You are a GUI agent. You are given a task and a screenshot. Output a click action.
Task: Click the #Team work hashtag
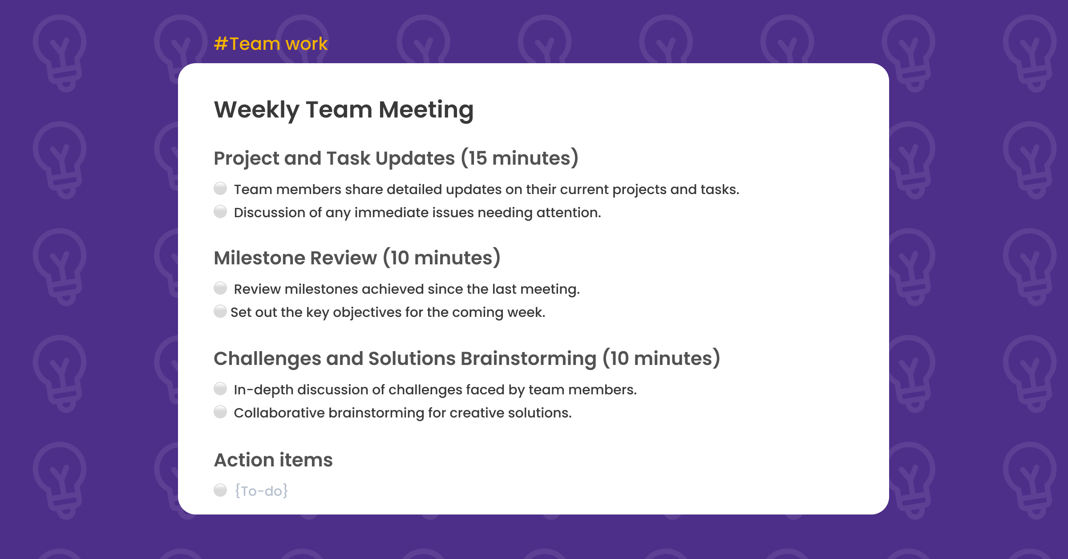[x=271, y=44]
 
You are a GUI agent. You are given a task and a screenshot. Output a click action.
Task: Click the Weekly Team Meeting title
[x=344, y=110]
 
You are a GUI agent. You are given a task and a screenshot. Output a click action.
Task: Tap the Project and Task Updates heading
[x=396, y=158]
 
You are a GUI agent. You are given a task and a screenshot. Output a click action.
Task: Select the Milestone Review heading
[x=357, y=258]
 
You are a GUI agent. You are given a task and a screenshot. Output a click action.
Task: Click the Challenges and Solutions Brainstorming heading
[x=466, y=359]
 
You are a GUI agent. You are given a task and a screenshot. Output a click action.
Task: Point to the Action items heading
[x=273, y=460]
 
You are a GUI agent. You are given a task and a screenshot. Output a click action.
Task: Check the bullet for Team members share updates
[x=220, y=189]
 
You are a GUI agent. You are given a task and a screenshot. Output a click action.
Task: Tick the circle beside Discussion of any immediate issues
[x=220, y=212]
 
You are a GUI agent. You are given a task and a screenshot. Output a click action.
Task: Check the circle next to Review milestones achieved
[x=220, y=288]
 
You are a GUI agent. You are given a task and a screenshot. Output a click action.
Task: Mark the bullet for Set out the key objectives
[x=220, y=312]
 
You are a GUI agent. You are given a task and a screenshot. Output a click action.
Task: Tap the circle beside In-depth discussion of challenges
[x=220, y=389]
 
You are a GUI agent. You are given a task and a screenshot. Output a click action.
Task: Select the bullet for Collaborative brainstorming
[x=220, y=412]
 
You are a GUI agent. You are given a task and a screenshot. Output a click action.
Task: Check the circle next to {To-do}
[x=220, y=490]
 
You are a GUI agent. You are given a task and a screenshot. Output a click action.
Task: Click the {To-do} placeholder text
[x=261, y=491]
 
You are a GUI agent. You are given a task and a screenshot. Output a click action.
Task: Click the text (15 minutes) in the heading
[x=519, y=158]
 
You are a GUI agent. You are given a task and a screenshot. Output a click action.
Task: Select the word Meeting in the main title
[x=426, y=110]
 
